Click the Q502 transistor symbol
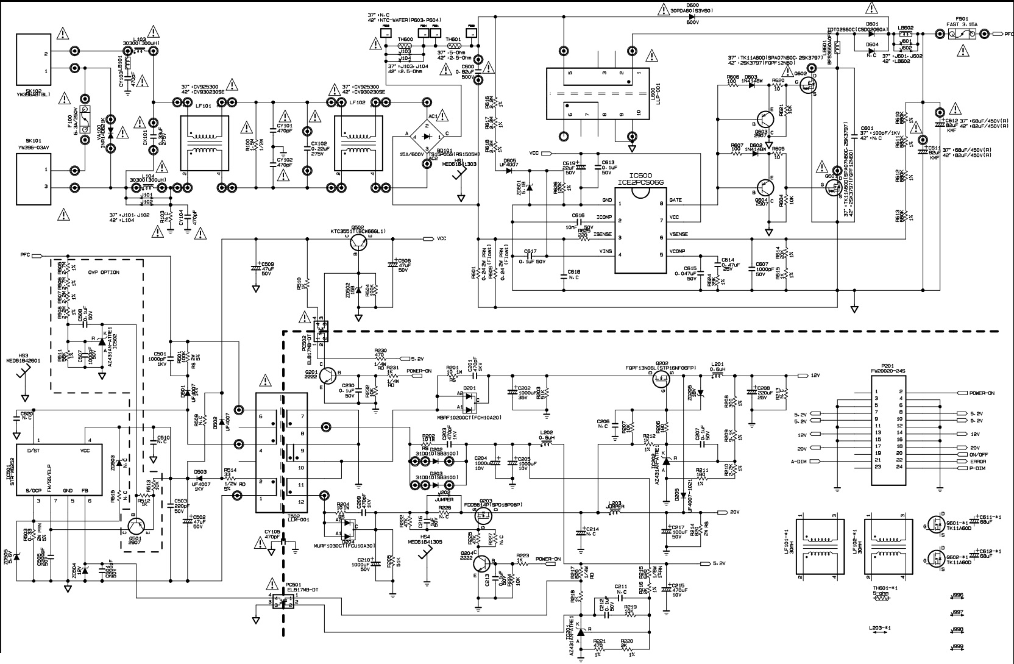click(361, 242)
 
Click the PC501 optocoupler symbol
click(284, 601)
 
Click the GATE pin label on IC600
click(675, 201)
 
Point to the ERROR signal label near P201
click(978, 462)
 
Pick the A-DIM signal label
click(799, 462)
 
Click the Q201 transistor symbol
click(328, 376)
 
